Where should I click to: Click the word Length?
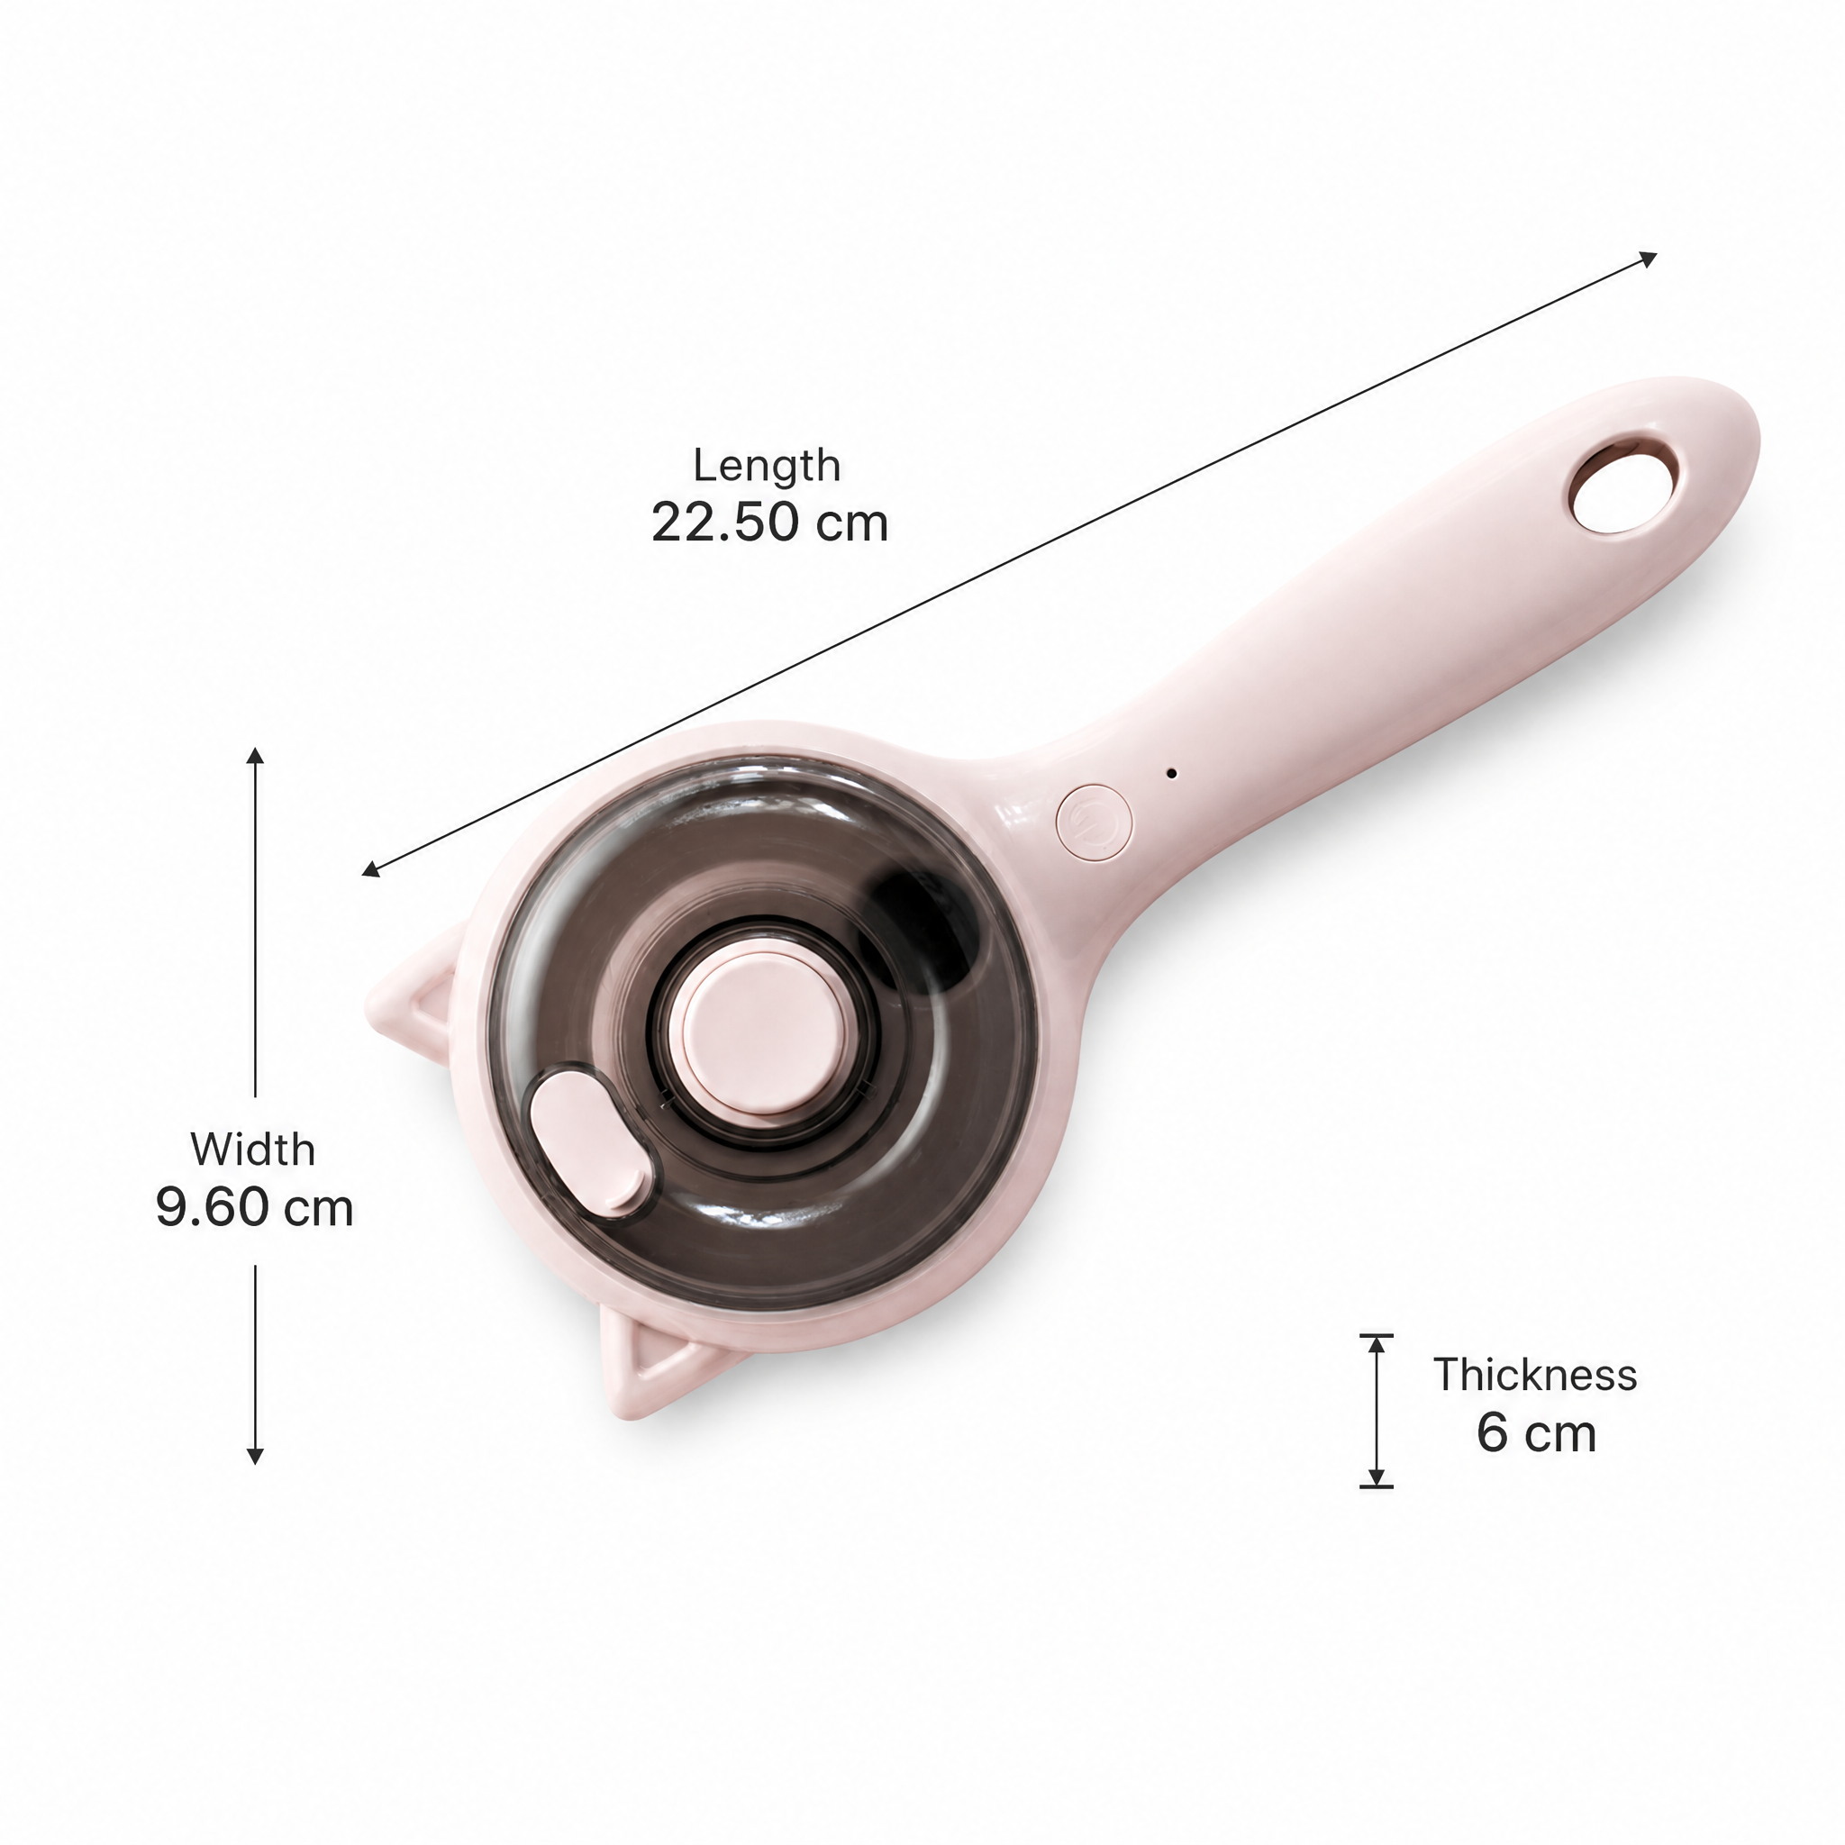tap(767, 467)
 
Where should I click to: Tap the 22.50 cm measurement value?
tap(769, 523)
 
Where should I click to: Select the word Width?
tap(253, 1149)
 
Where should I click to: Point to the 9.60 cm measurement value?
tap(255, 1208)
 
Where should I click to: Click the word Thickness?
tap(1534, 1375)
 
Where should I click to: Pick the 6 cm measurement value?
tap(1536, 1433)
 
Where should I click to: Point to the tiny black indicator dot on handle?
tap(1172, 774)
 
